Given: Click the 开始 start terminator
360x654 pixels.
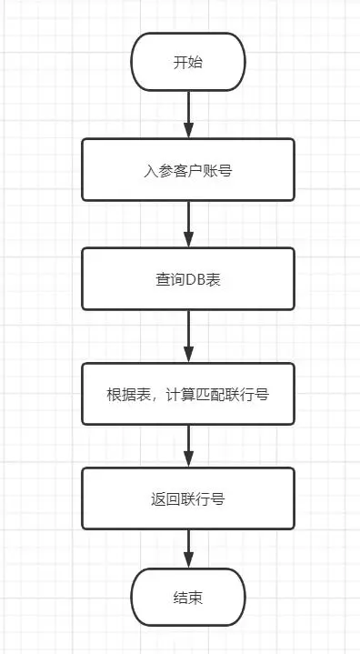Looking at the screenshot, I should [x=188, y=62].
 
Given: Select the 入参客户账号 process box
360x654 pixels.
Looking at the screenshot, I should [x=188, y=169].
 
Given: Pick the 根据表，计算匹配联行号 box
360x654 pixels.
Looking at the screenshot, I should [x=188, y=394].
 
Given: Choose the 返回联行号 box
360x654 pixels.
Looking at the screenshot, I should [x=188, y=498].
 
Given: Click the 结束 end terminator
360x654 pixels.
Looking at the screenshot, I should [x=188, y=597].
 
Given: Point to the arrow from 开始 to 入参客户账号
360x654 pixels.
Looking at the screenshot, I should [x=188, y=114].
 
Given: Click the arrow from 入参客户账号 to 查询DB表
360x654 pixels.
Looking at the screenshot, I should [x=188, y=223].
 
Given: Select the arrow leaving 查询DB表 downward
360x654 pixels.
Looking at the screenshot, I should [x=188, y=336].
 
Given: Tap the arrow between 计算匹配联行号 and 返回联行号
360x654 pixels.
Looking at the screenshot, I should [x=188, y=445].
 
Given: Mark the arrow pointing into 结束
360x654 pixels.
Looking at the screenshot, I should [x=188, y=549].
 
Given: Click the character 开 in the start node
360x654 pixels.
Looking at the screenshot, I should [x=181, y=63].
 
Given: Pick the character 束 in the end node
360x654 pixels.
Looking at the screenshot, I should [x=196, y=597].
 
